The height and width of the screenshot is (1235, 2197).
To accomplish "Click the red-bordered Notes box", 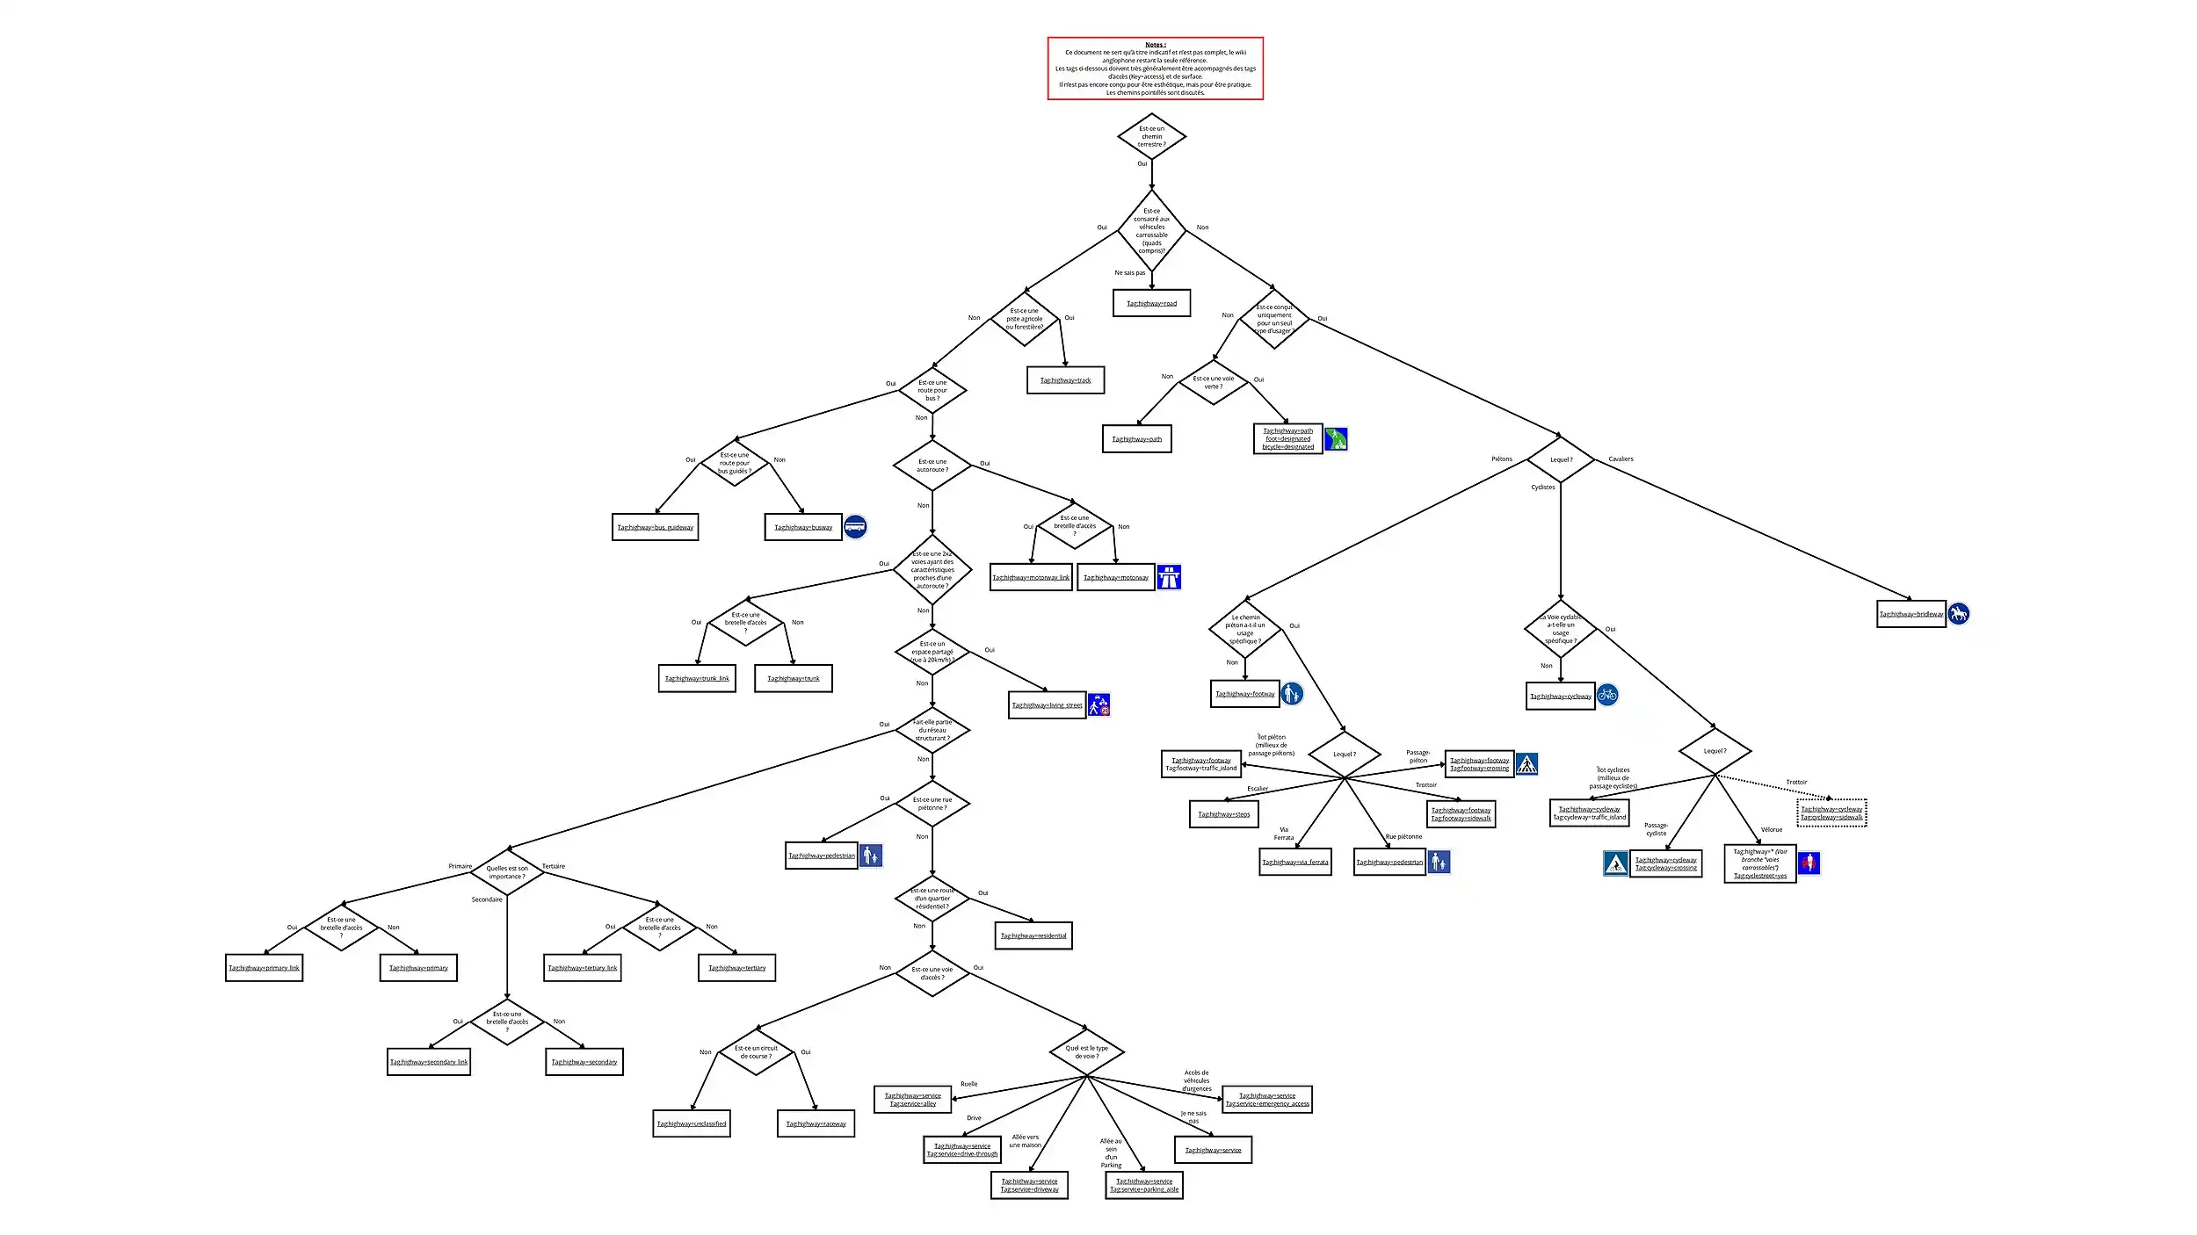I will pos(1155,69).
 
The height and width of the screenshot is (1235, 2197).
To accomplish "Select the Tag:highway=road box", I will pos(1151,303).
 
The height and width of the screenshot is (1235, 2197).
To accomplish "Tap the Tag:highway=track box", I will pos(1065,380).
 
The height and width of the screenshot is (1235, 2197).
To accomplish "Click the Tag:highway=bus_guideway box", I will pos(655,527).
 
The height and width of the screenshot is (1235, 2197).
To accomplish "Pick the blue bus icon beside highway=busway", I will pos(855,526).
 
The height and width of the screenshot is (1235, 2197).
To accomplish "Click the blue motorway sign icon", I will pos(1169,577).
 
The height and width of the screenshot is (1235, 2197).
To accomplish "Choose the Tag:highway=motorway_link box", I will pos(1031,577).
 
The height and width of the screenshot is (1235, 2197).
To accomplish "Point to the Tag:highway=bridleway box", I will pos(1911,614).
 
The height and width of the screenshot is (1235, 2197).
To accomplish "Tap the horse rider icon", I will pos(1959,614).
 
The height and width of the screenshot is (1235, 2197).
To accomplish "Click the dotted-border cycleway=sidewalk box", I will pos(1831,813).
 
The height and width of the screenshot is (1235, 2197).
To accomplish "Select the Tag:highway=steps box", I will pos(1223,814).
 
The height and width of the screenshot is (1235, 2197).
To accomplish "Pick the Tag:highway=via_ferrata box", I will pos(1295,862).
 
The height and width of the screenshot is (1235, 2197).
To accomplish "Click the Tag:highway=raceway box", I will pos(816,1123).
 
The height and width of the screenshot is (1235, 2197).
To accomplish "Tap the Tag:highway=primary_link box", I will pos(264,968).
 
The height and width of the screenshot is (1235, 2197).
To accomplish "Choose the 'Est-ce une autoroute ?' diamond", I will pos(932,466).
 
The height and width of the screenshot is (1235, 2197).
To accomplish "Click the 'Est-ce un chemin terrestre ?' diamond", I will pos(1151,136).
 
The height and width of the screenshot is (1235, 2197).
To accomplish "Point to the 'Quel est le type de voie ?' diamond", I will pos(1087,1052).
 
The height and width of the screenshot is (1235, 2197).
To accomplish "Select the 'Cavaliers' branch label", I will pos(1621,459).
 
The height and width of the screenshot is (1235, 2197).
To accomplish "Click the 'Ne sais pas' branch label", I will pos(1129,273).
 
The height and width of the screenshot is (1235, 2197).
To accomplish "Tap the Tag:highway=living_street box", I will pos(1047,705).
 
